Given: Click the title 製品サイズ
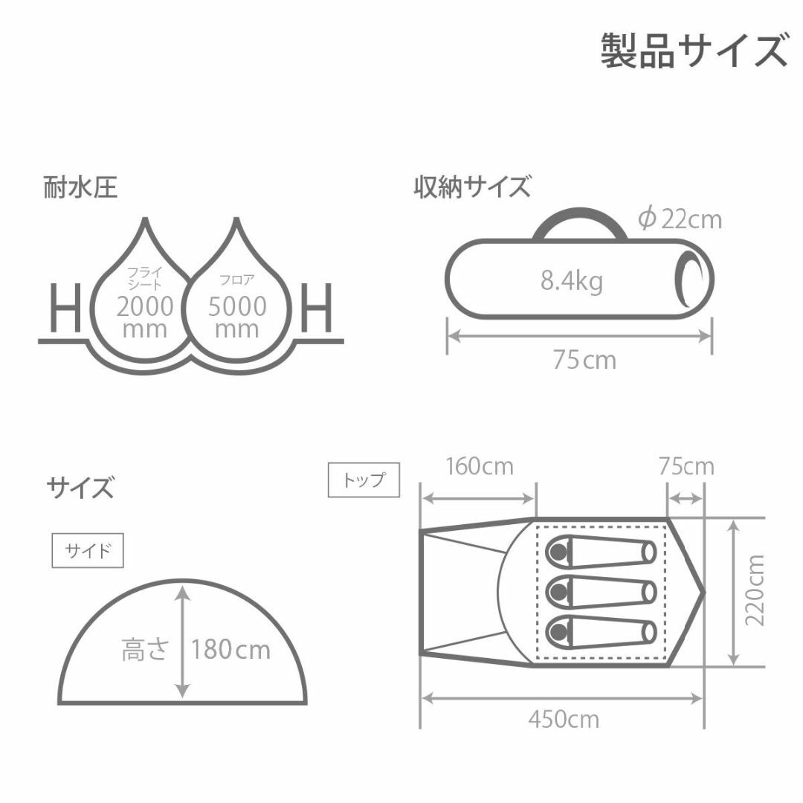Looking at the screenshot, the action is click(x=694, y=51).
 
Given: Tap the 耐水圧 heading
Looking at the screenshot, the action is click(x=80, y=187).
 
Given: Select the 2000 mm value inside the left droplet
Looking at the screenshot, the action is click(x=145, y=317).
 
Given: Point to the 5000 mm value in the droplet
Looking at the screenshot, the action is click(x=237, y=317).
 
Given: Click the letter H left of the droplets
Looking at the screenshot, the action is click(x=65, y=308).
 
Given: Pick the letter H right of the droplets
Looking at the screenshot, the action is click(x=316, y=308).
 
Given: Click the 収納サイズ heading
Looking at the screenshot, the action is click(x=472, y=187).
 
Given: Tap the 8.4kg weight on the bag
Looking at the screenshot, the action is click(x=572, y=281).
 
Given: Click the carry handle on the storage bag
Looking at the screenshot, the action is click(x=580, y=212).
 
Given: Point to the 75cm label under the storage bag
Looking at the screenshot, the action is click(x=584, y=360).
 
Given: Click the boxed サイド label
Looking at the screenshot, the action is click(x=88, y=550).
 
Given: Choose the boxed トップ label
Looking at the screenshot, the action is click(x=364, y=480).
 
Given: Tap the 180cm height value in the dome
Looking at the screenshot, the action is click(x=230, y=650).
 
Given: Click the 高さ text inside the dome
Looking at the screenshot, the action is click(x=145, y=649).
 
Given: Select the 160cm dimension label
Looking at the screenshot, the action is click(x=480, y=466).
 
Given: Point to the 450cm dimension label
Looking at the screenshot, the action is click(x=564, y=720).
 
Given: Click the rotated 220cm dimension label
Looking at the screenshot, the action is click(x=755, y=590).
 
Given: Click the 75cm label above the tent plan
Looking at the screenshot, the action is click(x=686, y=466).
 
